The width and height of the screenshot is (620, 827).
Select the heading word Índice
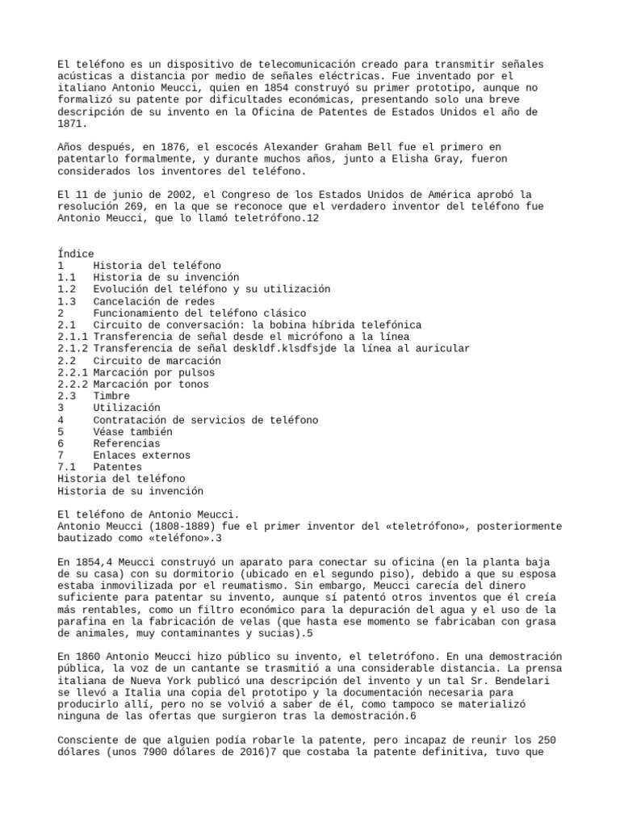tap(75, 254)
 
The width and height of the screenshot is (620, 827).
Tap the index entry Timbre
tap(111, 397)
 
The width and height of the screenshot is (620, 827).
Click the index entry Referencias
tap(126, 443)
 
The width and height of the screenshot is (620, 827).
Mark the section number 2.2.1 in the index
tap(72, 372)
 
